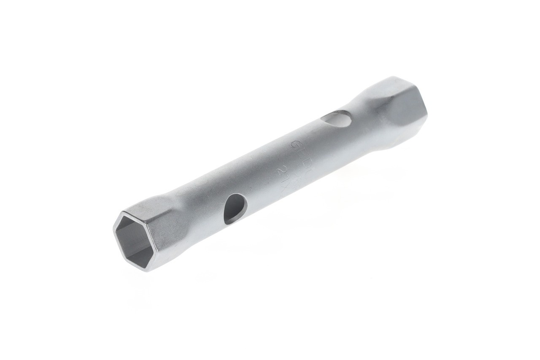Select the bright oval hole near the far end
(x=338, y=119)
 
